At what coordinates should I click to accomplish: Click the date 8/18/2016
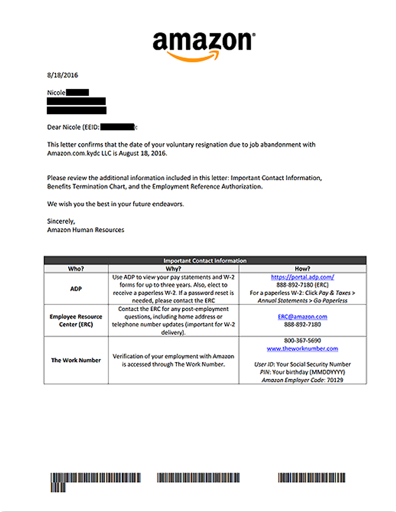(x=63, y=75)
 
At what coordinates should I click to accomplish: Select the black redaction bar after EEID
(x=117, y=127)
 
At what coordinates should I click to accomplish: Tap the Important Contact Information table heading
(x=205, y=261)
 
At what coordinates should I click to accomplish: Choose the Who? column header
(x=76, y=269)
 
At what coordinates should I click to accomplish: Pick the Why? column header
(x=173, y=269)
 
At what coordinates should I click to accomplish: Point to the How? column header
(x=302, y=269)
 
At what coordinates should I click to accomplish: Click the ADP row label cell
(x=76, y=289)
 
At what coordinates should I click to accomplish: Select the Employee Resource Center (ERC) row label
(x=76, y=320)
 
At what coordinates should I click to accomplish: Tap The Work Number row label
(x=76, y=360)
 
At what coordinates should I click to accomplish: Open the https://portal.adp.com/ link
(x=302, y=277)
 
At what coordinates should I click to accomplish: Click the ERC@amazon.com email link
(x=302, y=317)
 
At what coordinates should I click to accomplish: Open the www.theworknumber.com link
(x=302, y=348)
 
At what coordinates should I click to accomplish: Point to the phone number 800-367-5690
(x=302, y=341)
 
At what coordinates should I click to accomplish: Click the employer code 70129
(x=335, y=380)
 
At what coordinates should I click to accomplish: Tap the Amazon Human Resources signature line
(x=86, y=230)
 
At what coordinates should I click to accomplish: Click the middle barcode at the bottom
(x=198, y=478)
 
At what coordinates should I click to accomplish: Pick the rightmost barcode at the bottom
(x=312, y=478)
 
